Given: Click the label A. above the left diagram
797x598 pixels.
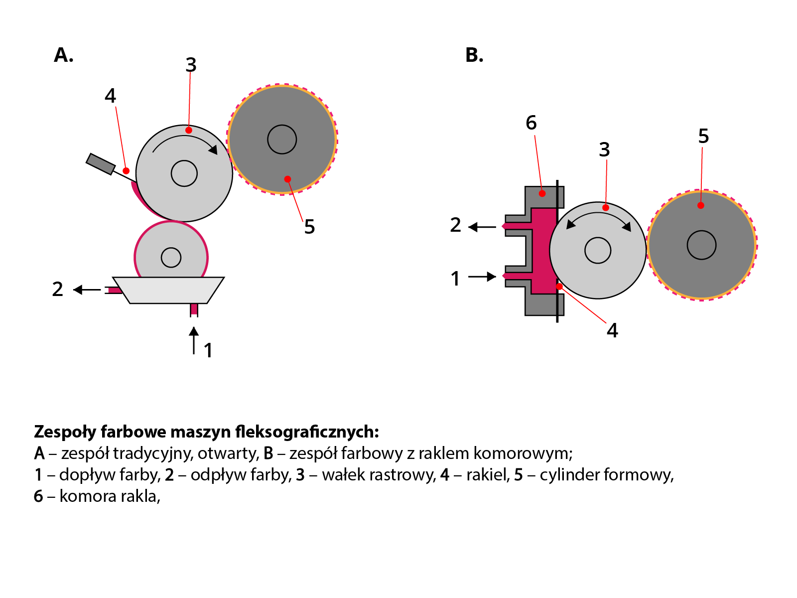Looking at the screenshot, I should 63,55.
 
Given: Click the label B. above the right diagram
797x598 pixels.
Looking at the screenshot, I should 474,55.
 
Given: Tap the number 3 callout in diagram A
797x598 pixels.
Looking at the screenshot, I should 191,65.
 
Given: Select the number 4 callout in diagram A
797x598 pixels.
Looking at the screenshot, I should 110,95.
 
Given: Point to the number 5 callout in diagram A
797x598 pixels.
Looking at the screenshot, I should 309,227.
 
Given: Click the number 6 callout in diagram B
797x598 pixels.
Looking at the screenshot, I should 531,123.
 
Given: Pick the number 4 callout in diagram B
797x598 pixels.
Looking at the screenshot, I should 612,330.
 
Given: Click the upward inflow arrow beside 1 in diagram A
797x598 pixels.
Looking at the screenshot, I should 194,340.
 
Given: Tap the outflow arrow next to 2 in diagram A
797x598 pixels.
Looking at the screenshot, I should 87,290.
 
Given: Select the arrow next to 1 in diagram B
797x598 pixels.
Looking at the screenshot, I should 482,277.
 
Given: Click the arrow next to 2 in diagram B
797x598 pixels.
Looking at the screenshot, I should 482,227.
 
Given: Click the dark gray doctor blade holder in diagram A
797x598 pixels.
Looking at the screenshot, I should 101,164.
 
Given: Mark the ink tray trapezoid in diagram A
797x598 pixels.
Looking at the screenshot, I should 168,290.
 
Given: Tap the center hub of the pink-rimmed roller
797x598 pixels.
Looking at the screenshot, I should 171,258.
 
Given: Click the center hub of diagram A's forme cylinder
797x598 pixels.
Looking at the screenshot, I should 282,140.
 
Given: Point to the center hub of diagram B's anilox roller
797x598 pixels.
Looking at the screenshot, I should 598,250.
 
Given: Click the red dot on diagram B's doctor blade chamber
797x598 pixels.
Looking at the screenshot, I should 542,193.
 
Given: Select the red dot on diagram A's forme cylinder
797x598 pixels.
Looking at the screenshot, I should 287,179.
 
